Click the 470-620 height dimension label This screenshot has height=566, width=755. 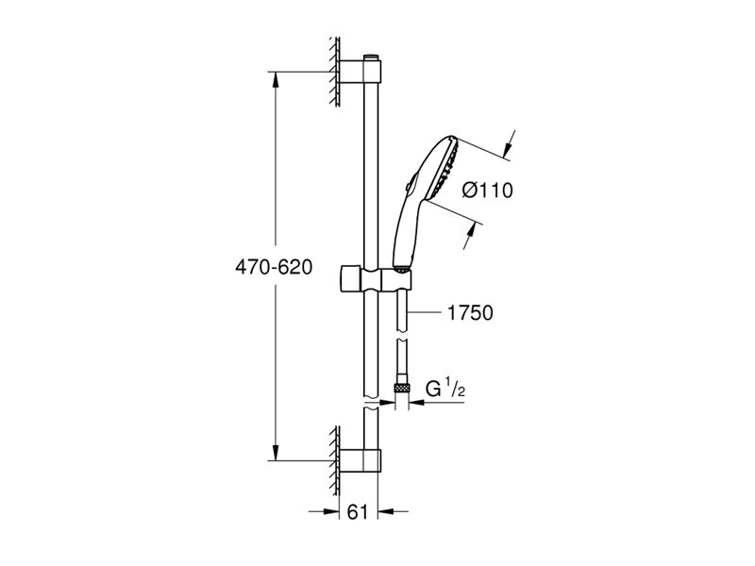(274, 268)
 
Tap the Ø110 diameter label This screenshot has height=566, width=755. (487, 191)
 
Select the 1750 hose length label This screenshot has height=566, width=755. (470, 313)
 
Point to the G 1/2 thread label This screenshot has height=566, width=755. (445, 389)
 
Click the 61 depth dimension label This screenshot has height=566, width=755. (358, 511)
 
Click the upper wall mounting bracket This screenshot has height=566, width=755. (361, 73)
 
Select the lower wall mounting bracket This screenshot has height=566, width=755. (361, 460)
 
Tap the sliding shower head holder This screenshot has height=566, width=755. (376, 279)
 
